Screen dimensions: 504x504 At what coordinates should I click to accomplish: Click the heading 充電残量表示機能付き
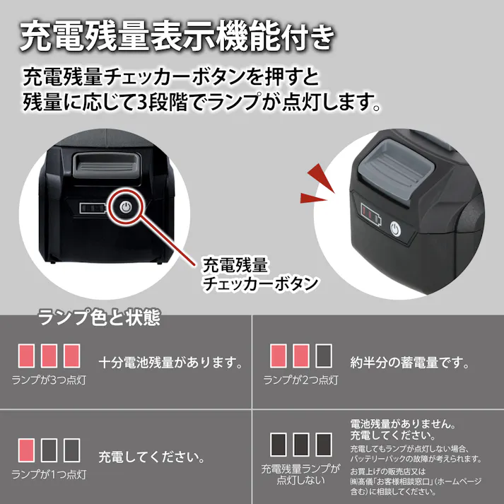tap(176, 36)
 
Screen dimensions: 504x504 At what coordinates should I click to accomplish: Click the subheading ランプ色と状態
tap(98, 318)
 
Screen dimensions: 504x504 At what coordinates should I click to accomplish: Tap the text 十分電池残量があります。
tap(170, 363)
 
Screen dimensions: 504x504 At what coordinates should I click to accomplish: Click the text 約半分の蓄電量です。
tap(410, 363)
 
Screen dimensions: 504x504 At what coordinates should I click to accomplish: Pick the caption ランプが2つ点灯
tap(300, 380)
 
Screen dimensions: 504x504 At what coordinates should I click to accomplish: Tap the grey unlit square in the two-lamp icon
tap(323, 354)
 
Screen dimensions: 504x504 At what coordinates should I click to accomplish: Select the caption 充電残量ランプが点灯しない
tap(300, 474)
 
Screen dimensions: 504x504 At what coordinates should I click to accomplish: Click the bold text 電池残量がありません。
tap(402, 423)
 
